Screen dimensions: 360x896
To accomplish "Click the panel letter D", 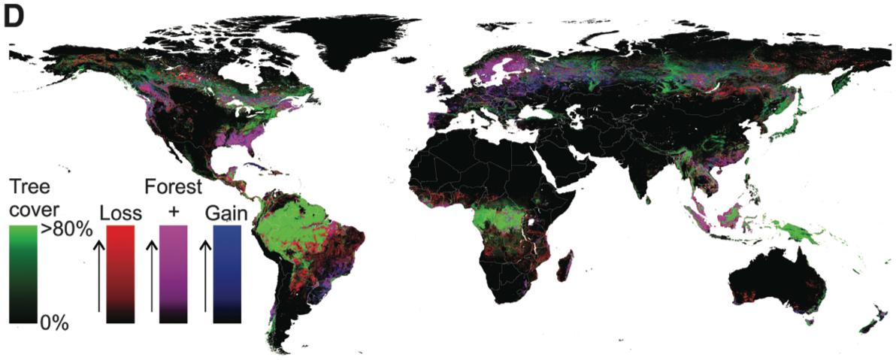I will coord(16,17).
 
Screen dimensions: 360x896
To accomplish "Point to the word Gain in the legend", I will coord(226,213).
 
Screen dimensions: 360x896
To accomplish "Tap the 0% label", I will coord(54,323).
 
